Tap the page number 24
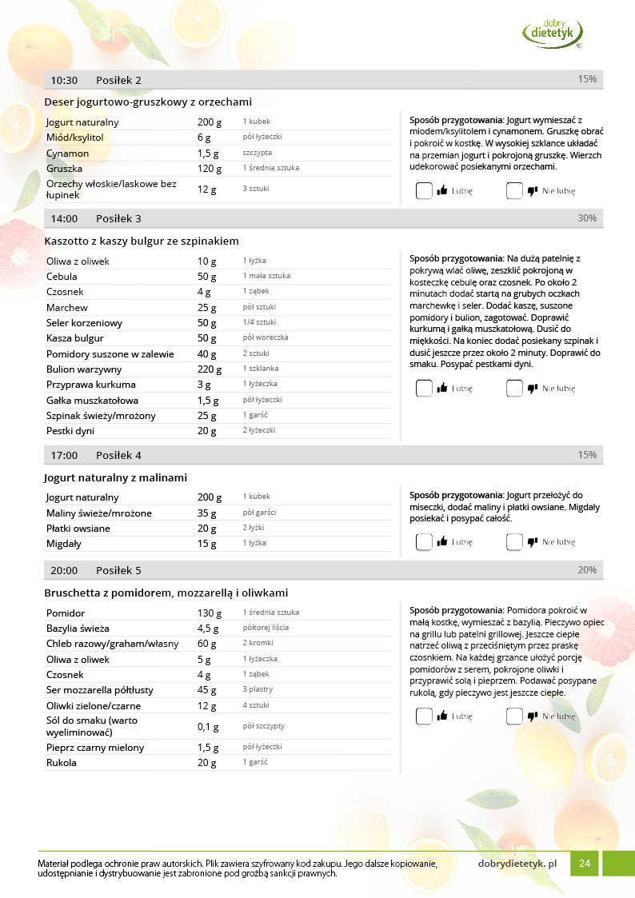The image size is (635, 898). click(585, 864)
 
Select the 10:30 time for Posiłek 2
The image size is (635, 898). click(64, 80)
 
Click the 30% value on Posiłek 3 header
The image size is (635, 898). click(587, 218)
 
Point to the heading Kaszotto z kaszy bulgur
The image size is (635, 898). click(142, 241)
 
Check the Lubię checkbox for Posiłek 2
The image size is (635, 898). click(424, 191)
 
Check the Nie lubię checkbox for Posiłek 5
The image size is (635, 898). click(514, 716)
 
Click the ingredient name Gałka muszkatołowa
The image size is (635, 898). click(92, 400)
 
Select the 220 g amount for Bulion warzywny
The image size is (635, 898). click(207, 369)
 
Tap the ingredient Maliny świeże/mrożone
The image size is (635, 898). click(98, 513)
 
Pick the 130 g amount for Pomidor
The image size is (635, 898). click(207, 613)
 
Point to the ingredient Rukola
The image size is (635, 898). click(61, 763)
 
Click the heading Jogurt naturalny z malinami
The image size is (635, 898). click(116, 477)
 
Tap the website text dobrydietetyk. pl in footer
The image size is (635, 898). click(517, 864)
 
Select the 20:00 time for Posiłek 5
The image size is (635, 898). click(64, 570)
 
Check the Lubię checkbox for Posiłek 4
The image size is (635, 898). click(424, 541)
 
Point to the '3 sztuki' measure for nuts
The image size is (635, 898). click(256, 189)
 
